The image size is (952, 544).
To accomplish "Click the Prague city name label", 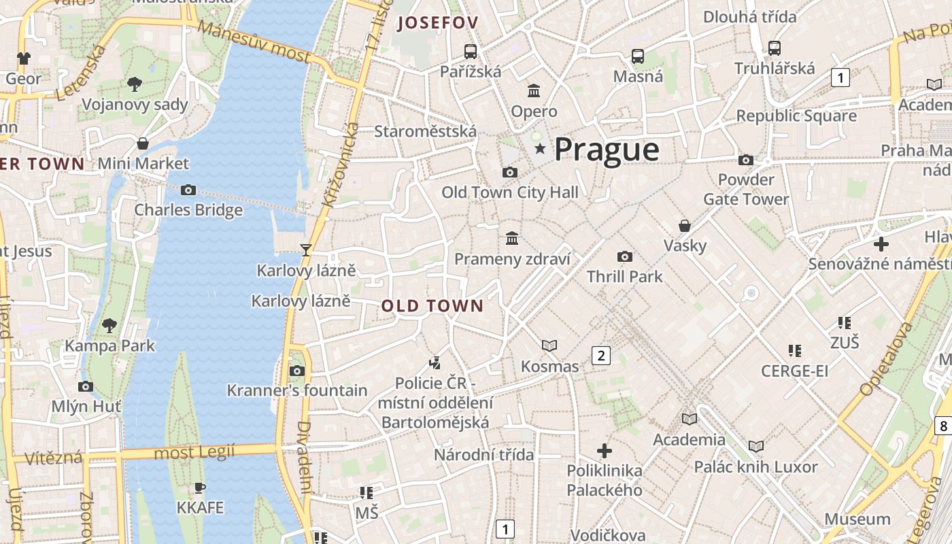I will coord(607,150).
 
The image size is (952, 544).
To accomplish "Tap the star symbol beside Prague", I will coord(540,148).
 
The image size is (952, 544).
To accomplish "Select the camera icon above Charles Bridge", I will coord(188,190).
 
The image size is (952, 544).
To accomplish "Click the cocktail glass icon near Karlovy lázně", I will coord(306,250).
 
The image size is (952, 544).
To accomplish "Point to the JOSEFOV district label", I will coord(438,22).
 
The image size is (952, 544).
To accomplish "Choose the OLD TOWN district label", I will coord(432,306).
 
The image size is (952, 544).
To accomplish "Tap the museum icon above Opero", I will coord(534,90).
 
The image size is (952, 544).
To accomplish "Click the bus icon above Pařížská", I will coord(470,51).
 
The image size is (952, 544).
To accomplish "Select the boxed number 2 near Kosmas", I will coord(600,355).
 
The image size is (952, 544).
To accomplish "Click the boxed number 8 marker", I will coord(943,426).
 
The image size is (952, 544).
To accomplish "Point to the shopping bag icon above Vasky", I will coord(685,226).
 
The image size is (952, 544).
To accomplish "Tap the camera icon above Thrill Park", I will coord(624,256).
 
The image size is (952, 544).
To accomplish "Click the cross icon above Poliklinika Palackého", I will coord(604,450).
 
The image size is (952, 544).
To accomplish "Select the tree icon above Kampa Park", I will coord(109,326).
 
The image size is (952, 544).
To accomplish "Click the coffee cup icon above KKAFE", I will coord(199,488).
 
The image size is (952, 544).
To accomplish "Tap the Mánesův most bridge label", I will coord(255,40).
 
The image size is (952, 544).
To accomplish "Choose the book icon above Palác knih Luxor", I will coord(755,447).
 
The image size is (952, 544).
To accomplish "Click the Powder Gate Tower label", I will coord(746,189).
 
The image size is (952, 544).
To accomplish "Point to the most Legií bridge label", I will coord(194,452).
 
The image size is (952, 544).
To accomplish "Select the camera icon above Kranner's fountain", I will coord(296,371).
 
